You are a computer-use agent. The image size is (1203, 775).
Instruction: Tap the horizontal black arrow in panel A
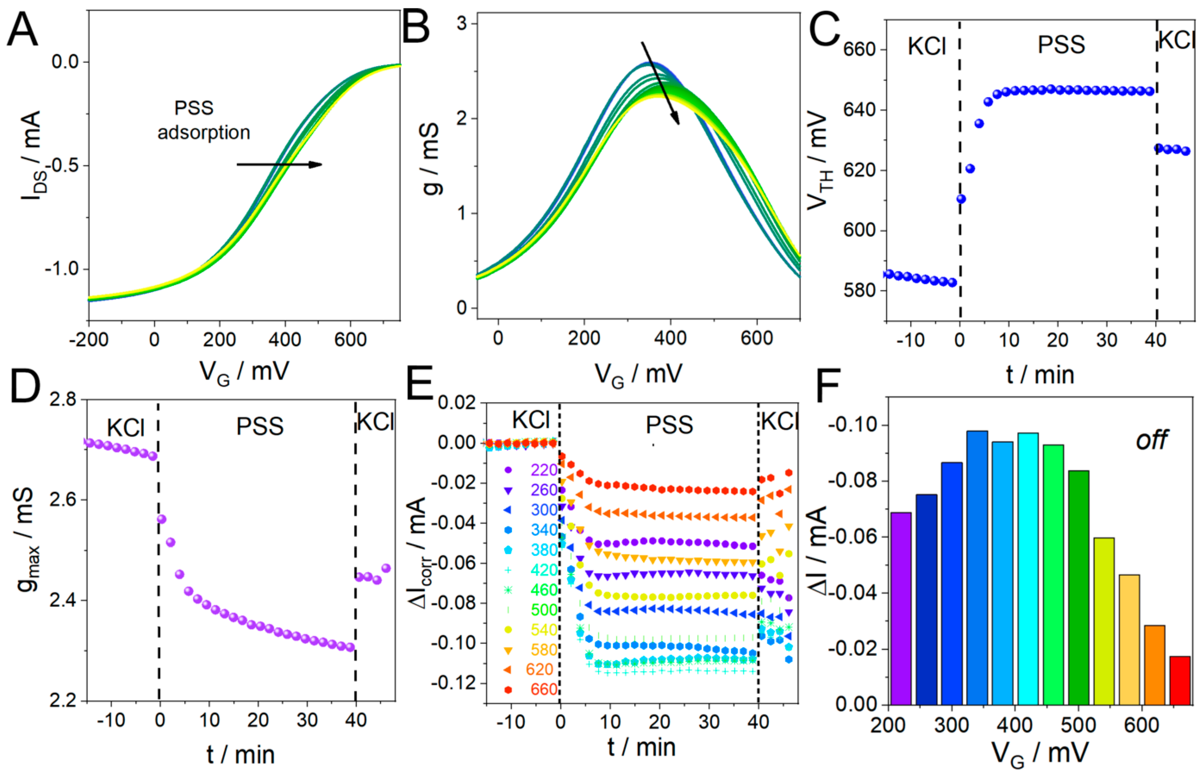(279, 164)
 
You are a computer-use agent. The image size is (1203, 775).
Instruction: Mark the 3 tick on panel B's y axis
(462, 24)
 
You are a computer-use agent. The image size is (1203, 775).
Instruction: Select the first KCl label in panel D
(126, 428)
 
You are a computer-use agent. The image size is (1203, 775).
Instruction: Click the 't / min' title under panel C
(1039, 375)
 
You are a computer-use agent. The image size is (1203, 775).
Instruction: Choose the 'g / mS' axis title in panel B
(429, 158)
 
